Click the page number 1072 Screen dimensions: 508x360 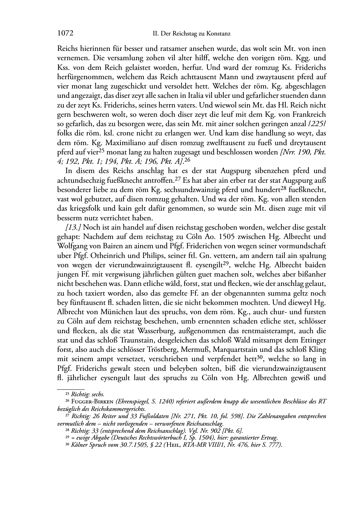(x=65, y=34)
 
